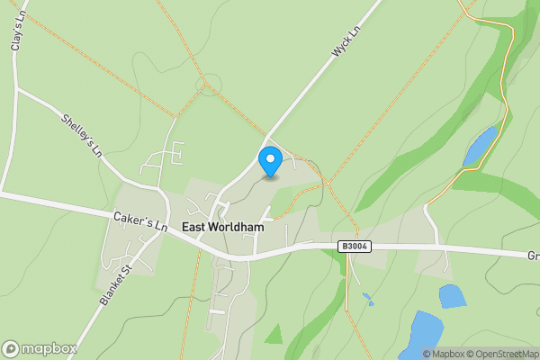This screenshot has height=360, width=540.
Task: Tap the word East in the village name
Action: pos(196,228)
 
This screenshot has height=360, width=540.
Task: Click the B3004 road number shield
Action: pos(355,246)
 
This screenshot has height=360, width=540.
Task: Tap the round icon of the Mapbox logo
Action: pos(11,348)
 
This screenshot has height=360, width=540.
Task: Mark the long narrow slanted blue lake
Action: pos(481,146)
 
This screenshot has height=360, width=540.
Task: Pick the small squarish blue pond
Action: pos(452,296)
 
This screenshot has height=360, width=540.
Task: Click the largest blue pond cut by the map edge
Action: pos(419,336)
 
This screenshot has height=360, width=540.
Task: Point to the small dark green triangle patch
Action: pos(274,334)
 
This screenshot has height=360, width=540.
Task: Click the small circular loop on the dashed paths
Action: pos(210,87)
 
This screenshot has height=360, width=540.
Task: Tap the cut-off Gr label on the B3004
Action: pos(533,256)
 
